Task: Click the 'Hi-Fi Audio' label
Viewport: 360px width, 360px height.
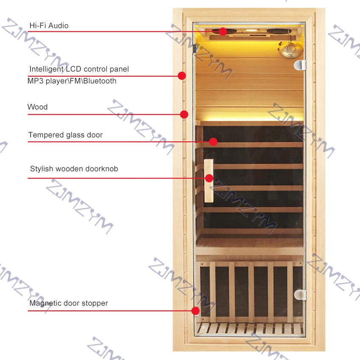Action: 49,26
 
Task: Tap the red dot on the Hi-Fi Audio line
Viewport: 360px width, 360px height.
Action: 222,31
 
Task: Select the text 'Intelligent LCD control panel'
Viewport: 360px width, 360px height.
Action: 79,69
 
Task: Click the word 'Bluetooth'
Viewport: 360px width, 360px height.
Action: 100,81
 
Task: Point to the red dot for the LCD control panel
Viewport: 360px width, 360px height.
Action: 182,76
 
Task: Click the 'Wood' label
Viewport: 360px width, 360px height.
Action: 37,107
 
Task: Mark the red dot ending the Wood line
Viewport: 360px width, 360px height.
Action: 184,114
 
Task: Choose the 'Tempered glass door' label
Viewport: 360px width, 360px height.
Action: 65,135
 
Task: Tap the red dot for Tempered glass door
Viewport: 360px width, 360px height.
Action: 213,141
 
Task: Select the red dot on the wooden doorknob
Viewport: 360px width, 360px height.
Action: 209,178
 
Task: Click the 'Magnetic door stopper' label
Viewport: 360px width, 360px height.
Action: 69,303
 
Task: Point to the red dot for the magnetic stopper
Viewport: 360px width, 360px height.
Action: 195,310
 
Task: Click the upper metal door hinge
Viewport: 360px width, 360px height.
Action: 299,64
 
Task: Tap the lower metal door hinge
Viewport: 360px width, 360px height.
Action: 300,294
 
